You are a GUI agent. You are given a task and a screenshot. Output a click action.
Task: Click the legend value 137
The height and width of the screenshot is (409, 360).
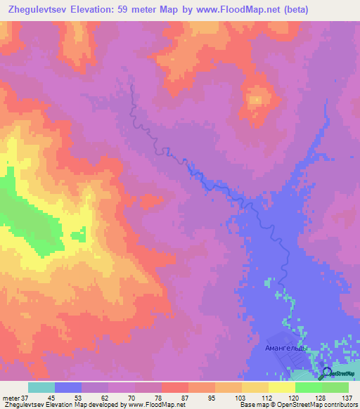coord(346,398)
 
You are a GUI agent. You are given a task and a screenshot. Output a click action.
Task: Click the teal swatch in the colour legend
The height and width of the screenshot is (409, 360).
coord(41,387)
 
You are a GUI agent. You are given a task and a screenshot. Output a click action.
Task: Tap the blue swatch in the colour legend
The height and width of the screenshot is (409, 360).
coord(67,387)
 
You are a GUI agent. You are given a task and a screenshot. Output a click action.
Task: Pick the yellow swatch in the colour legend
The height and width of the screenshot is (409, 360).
coord(255,387)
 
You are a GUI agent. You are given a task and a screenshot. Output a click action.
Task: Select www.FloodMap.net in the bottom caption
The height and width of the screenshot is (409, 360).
coord(150,405)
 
